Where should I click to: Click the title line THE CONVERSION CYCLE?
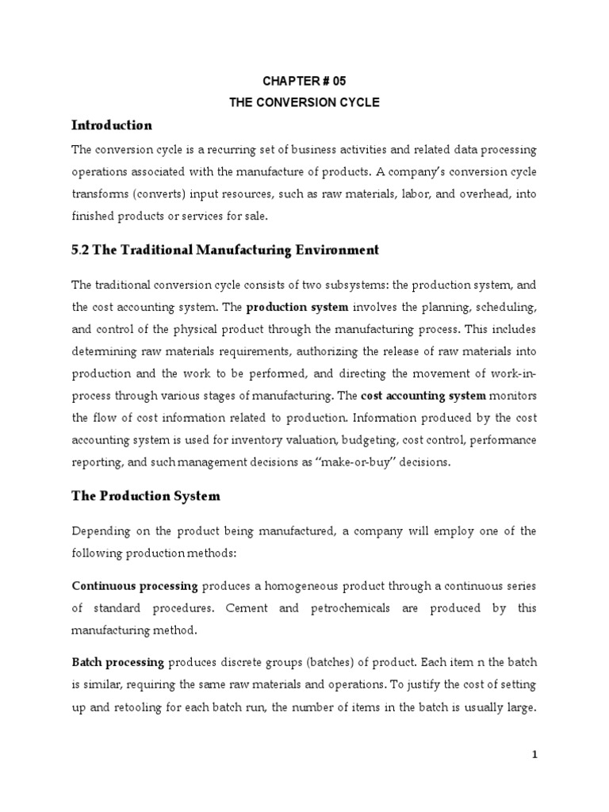tap(304, 102)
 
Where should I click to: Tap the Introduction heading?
tap(111, 125)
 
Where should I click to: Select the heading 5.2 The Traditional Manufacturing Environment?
tap(225, 251)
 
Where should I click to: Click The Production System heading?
tap(146, 496)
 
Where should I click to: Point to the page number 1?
tap(535, 756)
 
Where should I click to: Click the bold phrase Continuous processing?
tap(135, 586)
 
